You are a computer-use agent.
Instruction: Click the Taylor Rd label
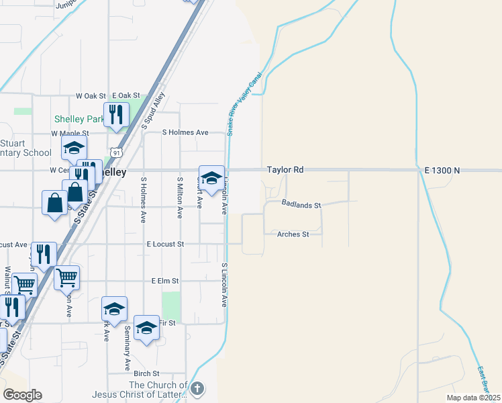(x=285, y=171)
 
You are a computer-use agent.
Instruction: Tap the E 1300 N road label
(x=442, y=171)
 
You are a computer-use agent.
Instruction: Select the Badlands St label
(x=301, y=204)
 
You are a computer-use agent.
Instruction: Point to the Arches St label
(x=293, y=234)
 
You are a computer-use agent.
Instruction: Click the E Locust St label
(x=165, y=244)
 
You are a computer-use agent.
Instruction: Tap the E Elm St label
(x=165, y=281)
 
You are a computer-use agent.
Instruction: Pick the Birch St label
(x=146, y=373)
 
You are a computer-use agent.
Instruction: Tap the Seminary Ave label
(x=127, y=348)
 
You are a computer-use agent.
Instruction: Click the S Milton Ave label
(x=180, y=197)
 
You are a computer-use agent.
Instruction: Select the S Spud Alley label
(x=153, y=111)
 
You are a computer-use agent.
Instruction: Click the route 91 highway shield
(x=117, y=153)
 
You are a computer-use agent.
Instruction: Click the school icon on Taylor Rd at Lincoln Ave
(x=212, y=178)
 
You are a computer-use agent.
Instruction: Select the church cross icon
(x=197, y=388)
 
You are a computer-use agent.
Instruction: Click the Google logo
(x=23, y=395)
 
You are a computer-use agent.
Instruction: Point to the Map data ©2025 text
(x=472, y=398)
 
